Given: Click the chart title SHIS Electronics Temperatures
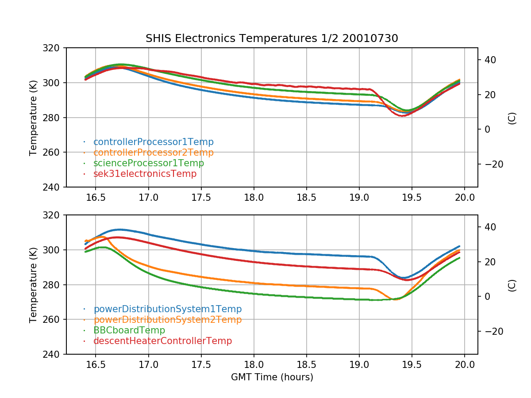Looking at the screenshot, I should pos(272,38).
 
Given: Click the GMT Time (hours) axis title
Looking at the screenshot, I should pos(272,377).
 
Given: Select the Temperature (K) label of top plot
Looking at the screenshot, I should pos(33,117).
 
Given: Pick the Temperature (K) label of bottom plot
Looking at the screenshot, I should pos(33,284).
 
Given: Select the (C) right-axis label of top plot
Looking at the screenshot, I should pos(512,117).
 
